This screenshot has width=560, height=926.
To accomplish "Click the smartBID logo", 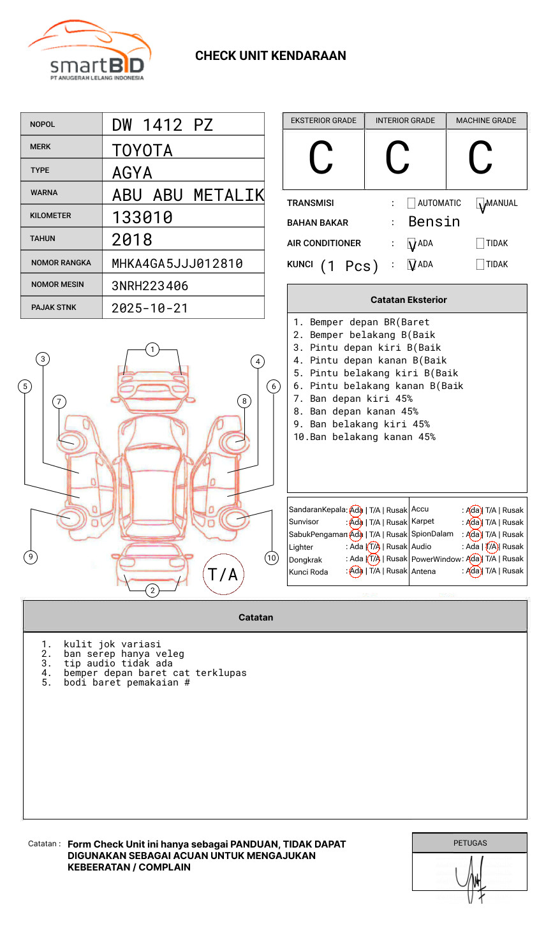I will coord(89,51).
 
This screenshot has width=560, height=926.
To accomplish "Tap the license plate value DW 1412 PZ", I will coord(162,124).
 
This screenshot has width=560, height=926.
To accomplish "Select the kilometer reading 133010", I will coord(142,217).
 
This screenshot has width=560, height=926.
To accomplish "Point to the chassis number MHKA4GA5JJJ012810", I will coord(177,263).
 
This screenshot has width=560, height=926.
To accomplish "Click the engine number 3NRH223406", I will coord(150,286).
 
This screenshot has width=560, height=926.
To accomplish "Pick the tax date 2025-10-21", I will coord(150,308).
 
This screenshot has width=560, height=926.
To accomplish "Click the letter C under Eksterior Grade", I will coord(321,158).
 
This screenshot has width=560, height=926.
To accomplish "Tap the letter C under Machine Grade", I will coord(480,158).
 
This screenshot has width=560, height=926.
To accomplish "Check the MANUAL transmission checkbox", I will coord(480,203).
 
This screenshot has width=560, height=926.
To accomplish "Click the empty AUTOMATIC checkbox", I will coord(411,203).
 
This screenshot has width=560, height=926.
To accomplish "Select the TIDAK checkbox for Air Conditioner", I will coord(480,244).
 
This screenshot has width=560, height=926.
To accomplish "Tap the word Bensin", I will coord(434,222).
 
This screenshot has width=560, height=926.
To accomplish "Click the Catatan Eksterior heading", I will coord(408,300).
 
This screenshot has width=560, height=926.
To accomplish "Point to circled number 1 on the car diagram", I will coord(152,349).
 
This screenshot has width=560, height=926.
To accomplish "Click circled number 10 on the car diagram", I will coord(272,558).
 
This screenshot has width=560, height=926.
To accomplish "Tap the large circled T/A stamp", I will coord(223,574).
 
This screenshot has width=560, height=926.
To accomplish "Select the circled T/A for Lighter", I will coord(374,547).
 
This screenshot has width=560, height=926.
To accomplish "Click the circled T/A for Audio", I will coord(491,547).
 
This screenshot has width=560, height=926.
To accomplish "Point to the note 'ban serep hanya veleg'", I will coord(124,654).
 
